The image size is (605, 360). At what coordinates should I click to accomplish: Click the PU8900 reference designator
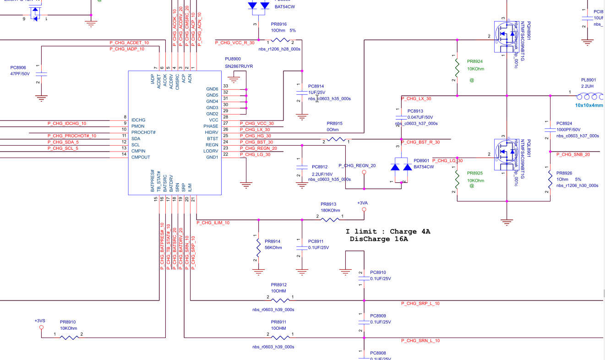coord(232,59)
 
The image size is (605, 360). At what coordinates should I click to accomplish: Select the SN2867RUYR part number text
coord(239,66)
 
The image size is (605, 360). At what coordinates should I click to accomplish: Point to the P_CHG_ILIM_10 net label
coord(213,223)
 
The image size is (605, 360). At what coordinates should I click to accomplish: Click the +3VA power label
coord(362,203)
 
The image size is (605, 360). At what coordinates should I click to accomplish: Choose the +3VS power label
coord(40,321)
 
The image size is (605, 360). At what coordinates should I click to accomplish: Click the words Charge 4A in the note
coord(410,232)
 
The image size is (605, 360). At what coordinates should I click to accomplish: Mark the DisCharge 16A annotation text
coord(379,239)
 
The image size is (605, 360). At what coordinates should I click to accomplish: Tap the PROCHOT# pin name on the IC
coord(144,132)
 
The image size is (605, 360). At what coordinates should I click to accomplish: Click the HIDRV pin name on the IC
coord(211,132)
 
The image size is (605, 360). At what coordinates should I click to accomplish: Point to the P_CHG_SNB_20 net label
coord(573,155)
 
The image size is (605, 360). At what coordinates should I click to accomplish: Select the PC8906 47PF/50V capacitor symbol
coord(41,73)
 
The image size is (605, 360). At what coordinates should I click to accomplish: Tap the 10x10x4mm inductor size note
coord(589,105)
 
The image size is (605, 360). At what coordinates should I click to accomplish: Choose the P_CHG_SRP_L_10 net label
coord(420,304)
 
